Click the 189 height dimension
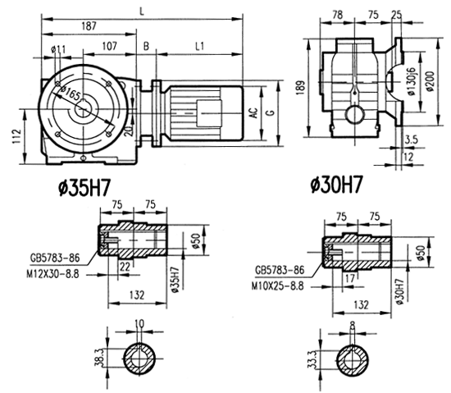304,86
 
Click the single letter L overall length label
144,10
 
